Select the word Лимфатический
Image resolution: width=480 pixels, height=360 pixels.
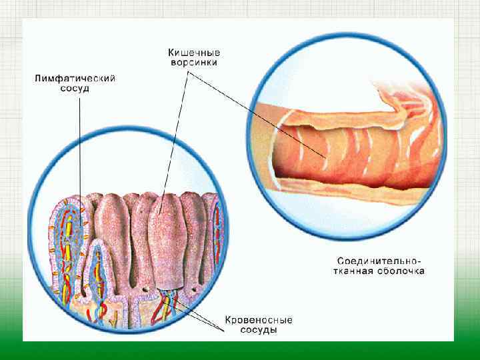[75, 79]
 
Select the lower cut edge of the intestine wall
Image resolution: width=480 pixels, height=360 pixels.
[347, 187]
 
